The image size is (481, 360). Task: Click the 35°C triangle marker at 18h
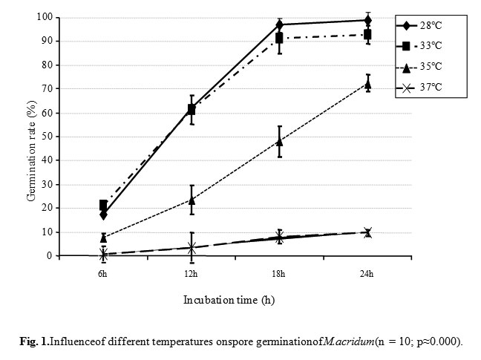[x=280, y=141]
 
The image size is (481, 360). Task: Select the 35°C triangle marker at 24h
[x=368, y=84]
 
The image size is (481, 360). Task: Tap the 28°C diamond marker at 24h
[x=368, y=20]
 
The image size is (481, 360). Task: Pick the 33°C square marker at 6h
[x=103, y=205]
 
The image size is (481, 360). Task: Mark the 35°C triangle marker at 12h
[x=192, y=200]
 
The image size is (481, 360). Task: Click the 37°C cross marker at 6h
[x=103, y=255]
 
